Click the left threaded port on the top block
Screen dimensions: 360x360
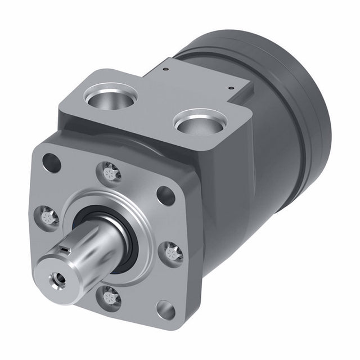click(x=111, y=97)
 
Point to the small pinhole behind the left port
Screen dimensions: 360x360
click(x=165, y=70)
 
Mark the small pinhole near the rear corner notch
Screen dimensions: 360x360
click(x=231, y=87)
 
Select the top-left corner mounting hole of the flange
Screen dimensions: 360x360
click(x=51, y=163)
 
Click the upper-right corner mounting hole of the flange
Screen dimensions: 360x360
click(x=165, y=195)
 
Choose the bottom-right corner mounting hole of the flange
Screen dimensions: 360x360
click(x=165, y=309)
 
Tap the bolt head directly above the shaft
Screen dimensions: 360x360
click(x=110, y=172)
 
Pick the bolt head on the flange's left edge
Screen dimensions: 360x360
click(x=48, y=217)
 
